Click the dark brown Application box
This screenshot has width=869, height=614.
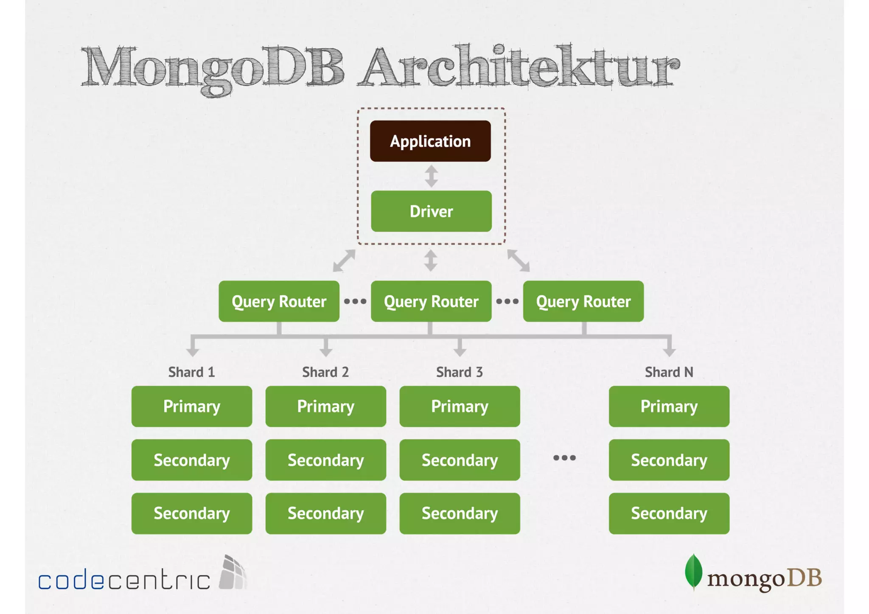pos(430,141)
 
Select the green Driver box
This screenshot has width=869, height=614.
pos(431,211)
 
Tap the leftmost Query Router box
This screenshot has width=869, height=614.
pos(279,301)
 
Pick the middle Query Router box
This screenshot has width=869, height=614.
pos(431,301)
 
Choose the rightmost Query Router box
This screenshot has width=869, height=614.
pos(583,301)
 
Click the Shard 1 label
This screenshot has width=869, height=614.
pos(191,372)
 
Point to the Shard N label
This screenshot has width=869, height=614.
pos(669,372)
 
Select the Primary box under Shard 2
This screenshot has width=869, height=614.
pos(325,406)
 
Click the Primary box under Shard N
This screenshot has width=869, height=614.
pos(669,406)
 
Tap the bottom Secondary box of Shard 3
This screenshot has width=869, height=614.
pos(460,513)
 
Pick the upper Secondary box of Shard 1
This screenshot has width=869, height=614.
pos(191,460)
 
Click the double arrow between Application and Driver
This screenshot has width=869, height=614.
pos(431,176)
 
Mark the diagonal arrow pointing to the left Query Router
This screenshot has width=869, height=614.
pos(344,261)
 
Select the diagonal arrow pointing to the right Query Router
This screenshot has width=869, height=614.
pos(519,261)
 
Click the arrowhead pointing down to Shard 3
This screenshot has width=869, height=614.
pos(460,351)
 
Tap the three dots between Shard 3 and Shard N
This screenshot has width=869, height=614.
pos(564,457)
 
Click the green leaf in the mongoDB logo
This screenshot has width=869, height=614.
pos(693,572)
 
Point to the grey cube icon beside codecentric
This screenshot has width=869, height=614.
pos(233,573)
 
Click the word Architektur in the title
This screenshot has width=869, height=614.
pos(520,68)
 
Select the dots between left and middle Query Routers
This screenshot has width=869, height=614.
pos(355,301)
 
